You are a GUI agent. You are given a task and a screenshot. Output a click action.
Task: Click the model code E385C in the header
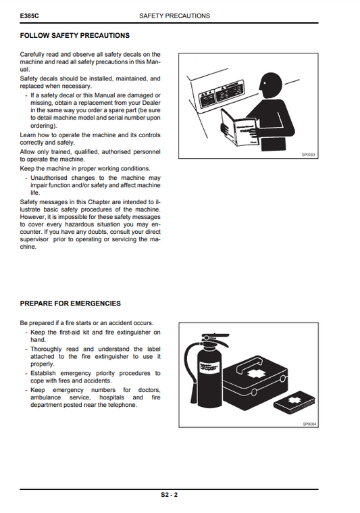coord(29,15)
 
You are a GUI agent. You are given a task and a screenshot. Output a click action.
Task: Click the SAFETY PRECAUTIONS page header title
coord(174,15)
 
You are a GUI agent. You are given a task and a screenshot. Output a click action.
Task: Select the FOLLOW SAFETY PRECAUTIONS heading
coord(75,35)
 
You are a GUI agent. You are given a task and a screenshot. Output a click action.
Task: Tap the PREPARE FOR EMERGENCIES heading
coord(70,303)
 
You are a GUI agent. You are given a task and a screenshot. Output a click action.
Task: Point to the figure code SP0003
coord(309,155)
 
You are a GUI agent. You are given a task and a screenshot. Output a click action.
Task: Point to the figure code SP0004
coord(309,423)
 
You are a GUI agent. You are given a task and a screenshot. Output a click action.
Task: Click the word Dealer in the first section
coord(150,103)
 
